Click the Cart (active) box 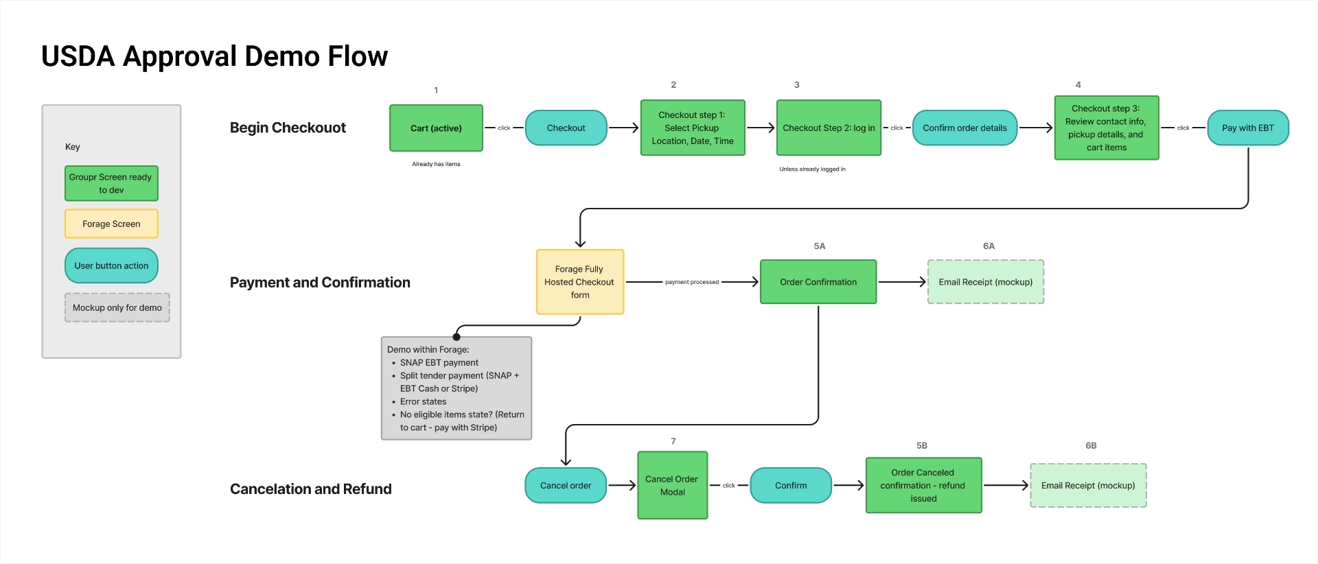click(436, 128)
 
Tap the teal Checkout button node click(566, 128)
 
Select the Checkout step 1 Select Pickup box click(692, 128)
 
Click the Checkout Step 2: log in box click(828, 128)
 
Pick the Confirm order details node click(964, 128)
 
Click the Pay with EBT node click(1247, 128)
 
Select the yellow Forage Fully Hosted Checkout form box click(579, 282)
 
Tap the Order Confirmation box click(818, 282)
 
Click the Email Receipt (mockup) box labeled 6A click(985, 282)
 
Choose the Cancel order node click(565, 486)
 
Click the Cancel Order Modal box click(672, 485)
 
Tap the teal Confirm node click(790, 486)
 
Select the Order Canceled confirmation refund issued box click(923, 485)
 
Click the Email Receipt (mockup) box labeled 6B click(1087, 486)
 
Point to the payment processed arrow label click(691, 282)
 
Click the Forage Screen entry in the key click(111, 224)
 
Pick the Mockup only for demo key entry click(117, 307)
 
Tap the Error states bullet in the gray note click(423, 401)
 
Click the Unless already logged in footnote click(812, 169)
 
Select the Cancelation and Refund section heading click(310, 489)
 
